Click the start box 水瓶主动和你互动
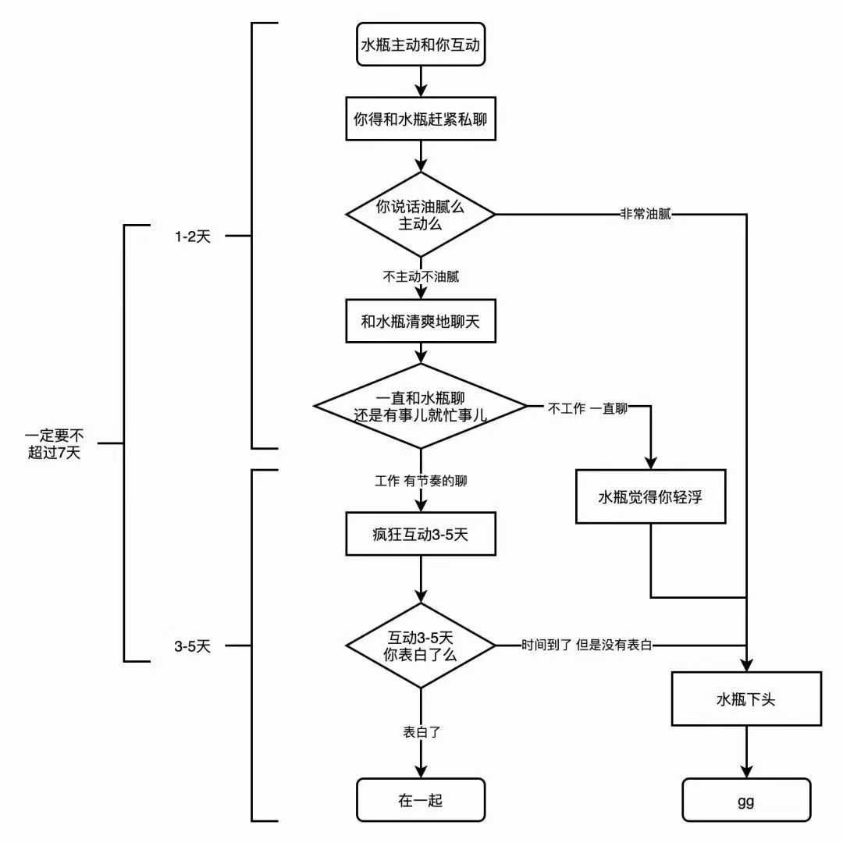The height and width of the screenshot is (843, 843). click(421, 46)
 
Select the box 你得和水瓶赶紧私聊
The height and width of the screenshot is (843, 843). click(421, 119)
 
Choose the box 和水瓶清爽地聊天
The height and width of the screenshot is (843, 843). click(421, 322)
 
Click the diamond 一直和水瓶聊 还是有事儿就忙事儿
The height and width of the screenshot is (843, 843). click(421, 406)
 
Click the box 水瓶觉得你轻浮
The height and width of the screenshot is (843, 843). click(651, 496)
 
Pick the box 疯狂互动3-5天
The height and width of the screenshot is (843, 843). click(421, 535)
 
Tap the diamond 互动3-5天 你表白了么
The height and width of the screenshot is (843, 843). click(421, 646)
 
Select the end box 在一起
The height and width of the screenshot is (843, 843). click(421, 799)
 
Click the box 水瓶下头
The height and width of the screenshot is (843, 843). click(745, 699)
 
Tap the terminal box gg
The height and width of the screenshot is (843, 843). click(745, 799)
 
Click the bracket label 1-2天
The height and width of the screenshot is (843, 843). click(193, 235)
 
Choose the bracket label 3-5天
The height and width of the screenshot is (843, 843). click(193, 646)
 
